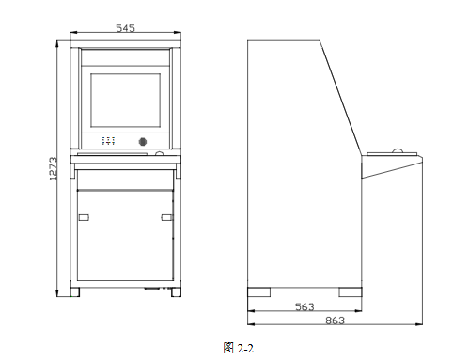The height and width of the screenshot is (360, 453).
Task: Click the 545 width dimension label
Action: pos(125,28)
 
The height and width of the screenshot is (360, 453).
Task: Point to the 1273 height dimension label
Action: pos(54,168)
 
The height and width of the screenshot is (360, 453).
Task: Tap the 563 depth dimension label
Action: pos(305,306)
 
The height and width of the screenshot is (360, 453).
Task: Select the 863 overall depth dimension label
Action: pos(335,321)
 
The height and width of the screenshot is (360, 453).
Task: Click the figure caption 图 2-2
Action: pos(238,348)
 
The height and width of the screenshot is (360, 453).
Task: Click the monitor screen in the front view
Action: pos(126,101)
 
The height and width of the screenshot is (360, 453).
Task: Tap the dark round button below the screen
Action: pos(143,142)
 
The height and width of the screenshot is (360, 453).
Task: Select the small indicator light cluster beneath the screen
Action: pos(108,141)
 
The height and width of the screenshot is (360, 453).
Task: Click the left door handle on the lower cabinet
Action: pos(84,217)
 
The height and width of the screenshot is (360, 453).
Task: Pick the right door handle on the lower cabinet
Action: pos(167,217)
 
